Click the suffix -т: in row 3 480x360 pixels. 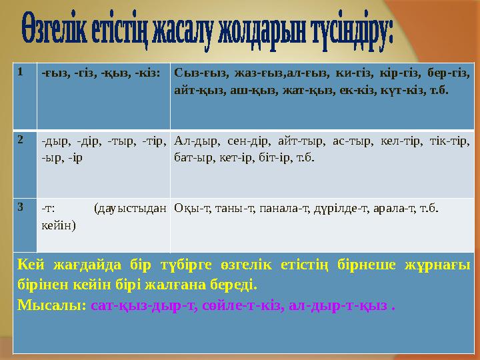[x=48, y=209]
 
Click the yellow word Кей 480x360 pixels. [x=31, y=265]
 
